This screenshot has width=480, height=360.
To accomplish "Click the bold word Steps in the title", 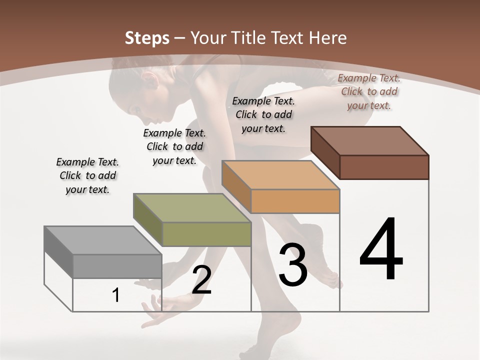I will tap(147, 38).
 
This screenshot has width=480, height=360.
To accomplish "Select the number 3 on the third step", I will tap(293, 265).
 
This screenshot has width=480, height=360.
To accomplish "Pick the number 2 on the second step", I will tap(201, 280).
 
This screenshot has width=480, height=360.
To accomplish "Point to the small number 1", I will tap(116, 295).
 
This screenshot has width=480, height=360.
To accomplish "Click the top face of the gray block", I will tap(102, 240).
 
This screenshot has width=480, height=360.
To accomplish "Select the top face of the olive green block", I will tap(191, 207).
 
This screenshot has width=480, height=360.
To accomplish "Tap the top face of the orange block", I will tap(280, 174).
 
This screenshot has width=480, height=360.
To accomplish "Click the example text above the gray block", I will tap(87, 175).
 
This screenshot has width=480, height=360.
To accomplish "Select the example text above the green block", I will tap(174, 146).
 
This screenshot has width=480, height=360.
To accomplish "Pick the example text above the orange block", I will tap(263, 114).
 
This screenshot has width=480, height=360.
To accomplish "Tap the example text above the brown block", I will tap(369, 91).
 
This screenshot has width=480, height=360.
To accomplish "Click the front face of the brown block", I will tap(384, 167).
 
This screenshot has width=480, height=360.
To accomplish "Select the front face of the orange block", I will tap(295, 201).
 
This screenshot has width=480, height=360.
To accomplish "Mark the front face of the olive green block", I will tap(206, 234).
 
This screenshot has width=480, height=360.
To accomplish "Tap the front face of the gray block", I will tap(117, 266).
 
